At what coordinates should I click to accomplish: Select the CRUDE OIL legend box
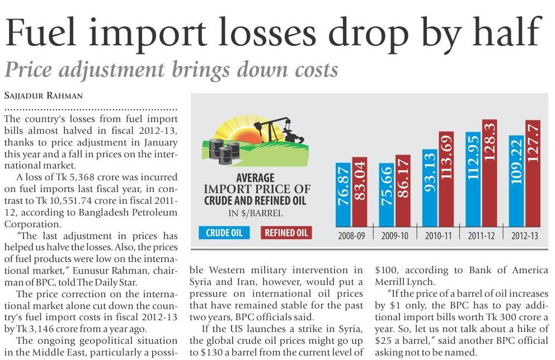click(x=224, y=232)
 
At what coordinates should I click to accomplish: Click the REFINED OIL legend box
click(x=286, y=232)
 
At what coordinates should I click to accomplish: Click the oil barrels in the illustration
click(x=224, y=149)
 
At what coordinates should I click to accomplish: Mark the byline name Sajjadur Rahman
click(x=43, y=96)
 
